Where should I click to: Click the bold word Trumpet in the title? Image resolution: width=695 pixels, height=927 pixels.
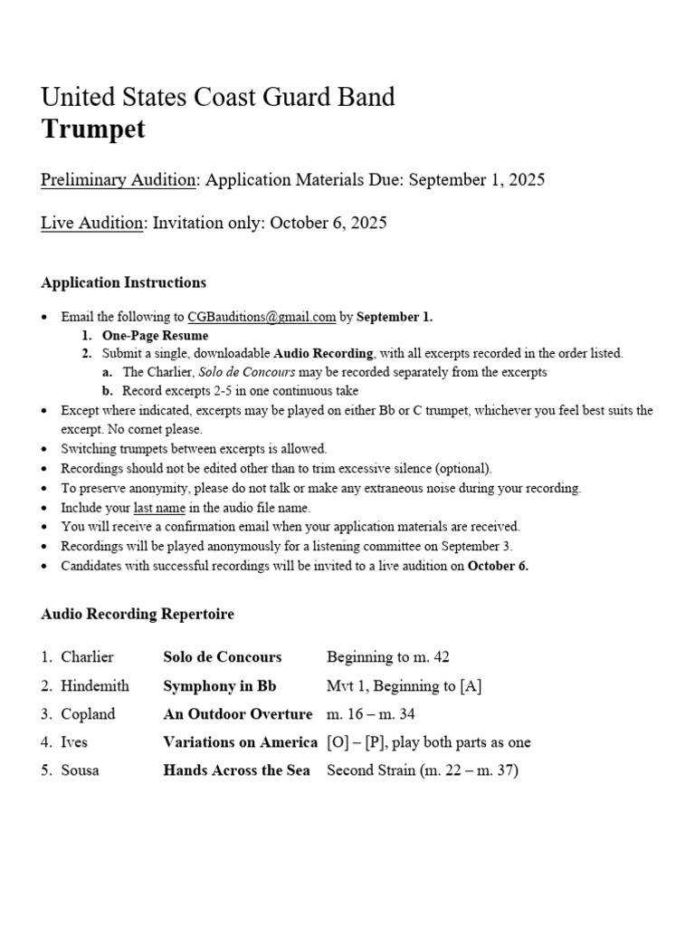click(x=93, y=129)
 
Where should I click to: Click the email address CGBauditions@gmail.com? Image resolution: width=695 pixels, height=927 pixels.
click(x=262, y=317)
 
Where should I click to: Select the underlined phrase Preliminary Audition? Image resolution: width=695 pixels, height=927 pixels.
click(x=119, y=179)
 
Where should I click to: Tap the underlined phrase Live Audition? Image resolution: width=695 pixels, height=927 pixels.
click(x=92, y=223)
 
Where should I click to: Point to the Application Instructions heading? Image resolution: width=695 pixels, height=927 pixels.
click(x=123, y=282)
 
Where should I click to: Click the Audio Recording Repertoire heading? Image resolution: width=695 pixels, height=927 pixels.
click(x=138, y=614)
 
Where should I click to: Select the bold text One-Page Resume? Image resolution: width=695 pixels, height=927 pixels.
click(x=155, y=335)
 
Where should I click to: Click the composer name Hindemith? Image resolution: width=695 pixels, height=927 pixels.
click(x=95, y=685)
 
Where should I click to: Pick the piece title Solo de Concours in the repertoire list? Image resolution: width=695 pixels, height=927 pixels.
click(x=222, y=657)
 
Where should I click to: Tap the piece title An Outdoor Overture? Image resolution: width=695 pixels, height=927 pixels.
click(x=237, y=714)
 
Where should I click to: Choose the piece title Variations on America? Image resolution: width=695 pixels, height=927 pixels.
click(x=240, y=742)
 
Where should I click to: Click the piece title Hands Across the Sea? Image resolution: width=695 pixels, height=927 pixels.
click(x=236, y=770)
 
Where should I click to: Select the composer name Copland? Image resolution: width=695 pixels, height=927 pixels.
click(x=88, y=714)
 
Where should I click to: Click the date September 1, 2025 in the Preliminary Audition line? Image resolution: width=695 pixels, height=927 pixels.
click(x=477, y=179)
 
